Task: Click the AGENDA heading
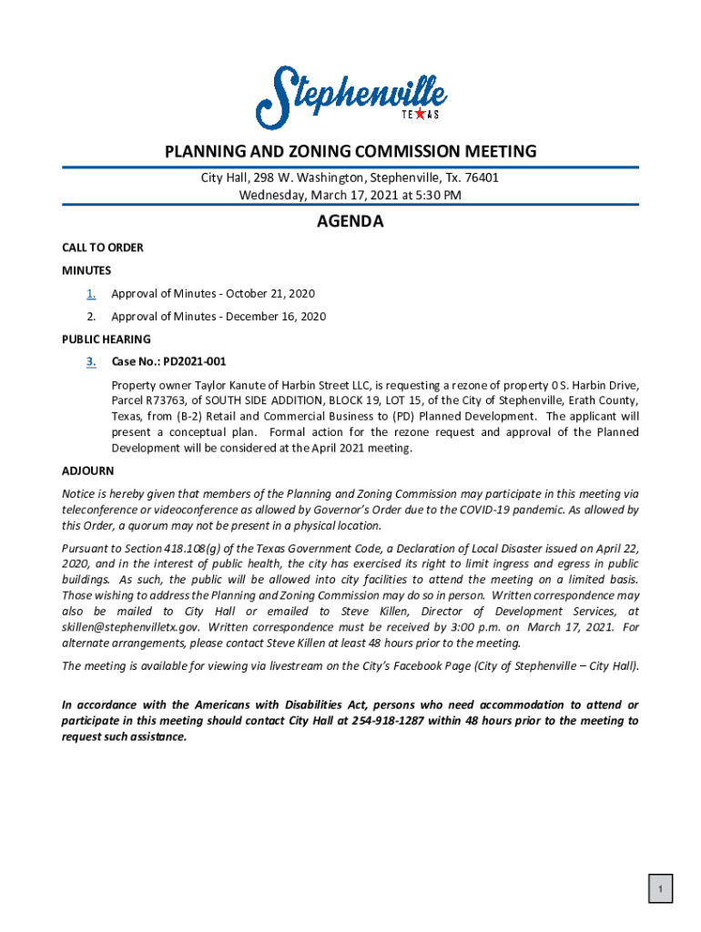point(350,222)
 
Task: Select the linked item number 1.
point(91,293)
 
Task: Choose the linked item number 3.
point(91,361)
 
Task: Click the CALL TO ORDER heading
point(102,248)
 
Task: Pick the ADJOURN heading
point(87,471)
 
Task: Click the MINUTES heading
point(86,270)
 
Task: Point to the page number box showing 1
point(661,888)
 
